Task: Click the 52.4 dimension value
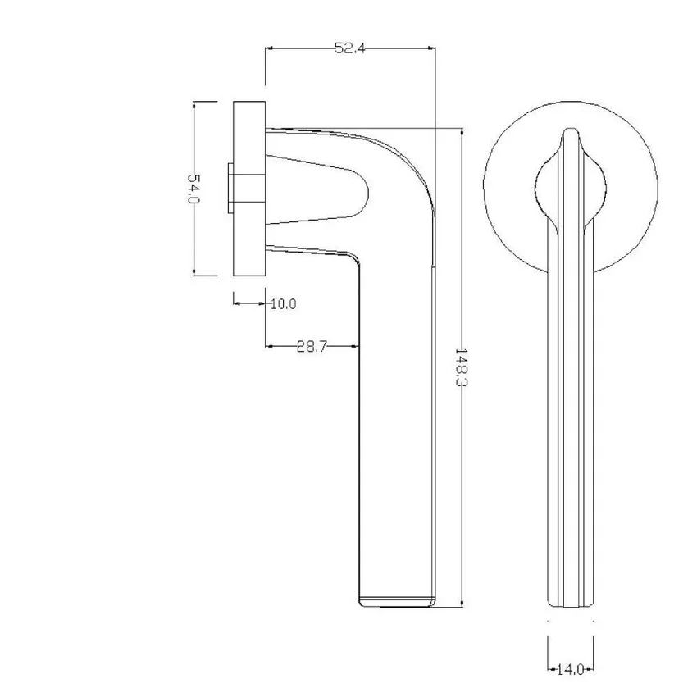pyautogui.click(x=350, y=48)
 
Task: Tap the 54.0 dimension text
pyautogui.click(x=194, y=188)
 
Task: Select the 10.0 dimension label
pyautogui.click(x=284, y=304)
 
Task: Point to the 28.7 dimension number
pyautogui.click(x=312, y=346)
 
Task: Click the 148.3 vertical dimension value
pyautogui.click(x=462, y=367)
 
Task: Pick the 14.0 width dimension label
pyautogui.click(x=571, y=669)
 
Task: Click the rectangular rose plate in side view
pyautogui.click(x=249, y=189)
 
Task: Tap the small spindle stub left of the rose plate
pyautogui.click(x=230, y=189)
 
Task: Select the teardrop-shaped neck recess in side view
pyautogui.click(x=317, y=189)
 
